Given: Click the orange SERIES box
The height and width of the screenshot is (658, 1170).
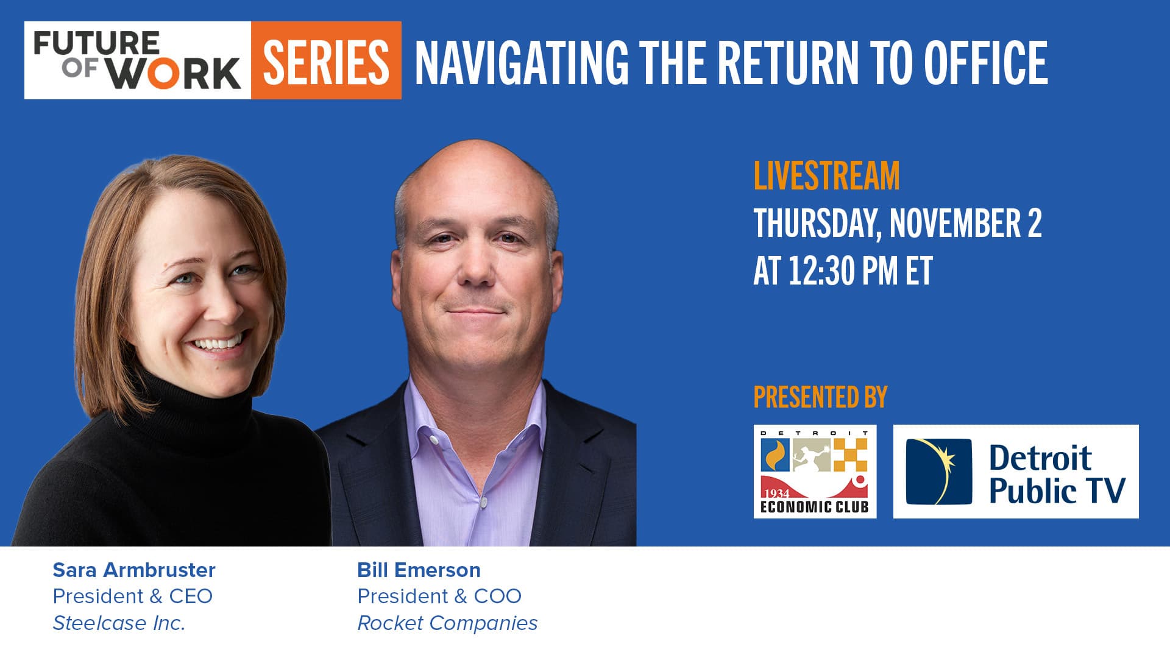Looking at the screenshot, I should click(326, 60).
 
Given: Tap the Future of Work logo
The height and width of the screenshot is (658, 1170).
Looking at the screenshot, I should click(138, 60).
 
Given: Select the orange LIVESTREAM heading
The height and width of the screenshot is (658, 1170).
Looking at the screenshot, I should click(826, 175).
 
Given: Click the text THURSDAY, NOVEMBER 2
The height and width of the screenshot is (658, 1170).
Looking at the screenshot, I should click(897, 223).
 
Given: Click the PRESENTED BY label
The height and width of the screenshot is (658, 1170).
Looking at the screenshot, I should click(820, 397).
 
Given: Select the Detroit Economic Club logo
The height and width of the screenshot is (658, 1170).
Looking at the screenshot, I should click(815, 472).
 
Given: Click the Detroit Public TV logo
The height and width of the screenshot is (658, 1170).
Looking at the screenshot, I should click(1015, 472).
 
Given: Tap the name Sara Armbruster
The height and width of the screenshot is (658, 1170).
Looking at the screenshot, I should click(134, 570).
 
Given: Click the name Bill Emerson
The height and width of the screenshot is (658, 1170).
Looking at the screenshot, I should click(419, 570).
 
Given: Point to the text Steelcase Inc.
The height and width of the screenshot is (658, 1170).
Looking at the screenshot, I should click(119, 623).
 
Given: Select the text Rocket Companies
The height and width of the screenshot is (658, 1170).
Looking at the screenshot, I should click(447, 623).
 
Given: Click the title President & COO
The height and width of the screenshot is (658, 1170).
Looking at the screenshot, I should click(439, 596).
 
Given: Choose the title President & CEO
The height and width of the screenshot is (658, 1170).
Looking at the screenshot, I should click(132, 596).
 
